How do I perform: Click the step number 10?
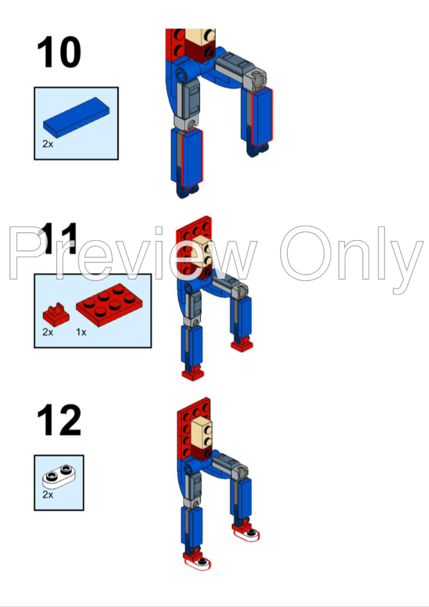point(59,53)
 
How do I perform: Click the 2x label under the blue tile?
point(48,144)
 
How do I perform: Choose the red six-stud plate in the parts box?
point(105,303)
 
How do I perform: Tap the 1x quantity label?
point(81,333)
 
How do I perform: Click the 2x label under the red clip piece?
point(48,333)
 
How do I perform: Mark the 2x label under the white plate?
point(48,495)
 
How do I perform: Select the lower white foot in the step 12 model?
point(199,562)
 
